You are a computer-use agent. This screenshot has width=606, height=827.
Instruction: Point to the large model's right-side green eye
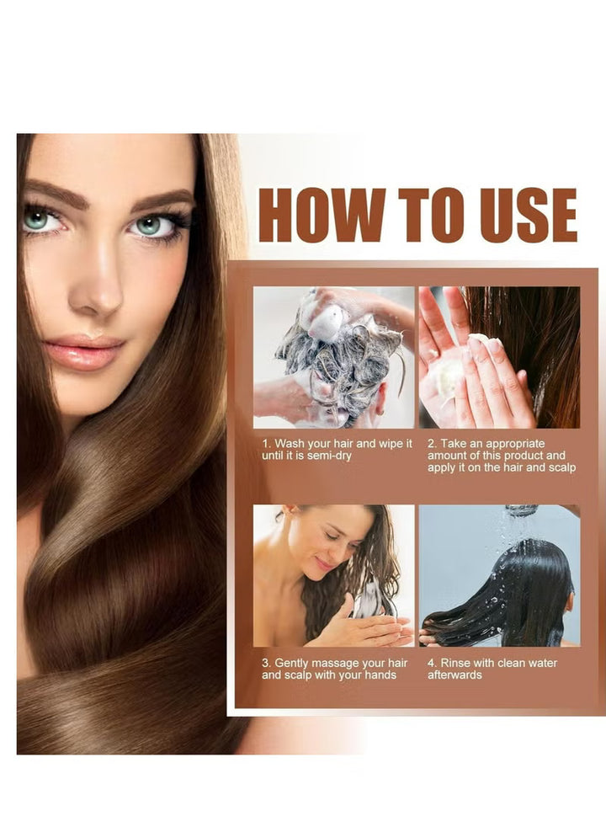click(151, 225)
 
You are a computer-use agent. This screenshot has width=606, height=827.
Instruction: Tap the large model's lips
click(84, 352)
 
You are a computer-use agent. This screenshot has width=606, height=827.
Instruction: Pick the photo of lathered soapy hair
click(334, 357)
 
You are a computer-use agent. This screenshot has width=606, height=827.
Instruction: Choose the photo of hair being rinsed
click(500, 575)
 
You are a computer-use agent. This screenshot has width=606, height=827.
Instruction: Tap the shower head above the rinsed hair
click(522, 510)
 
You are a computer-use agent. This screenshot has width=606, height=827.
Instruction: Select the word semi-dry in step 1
click(329, 456)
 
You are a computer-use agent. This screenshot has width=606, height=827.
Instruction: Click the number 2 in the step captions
click(431, 444)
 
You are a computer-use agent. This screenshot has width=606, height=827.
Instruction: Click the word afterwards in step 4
click(454, 675)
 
